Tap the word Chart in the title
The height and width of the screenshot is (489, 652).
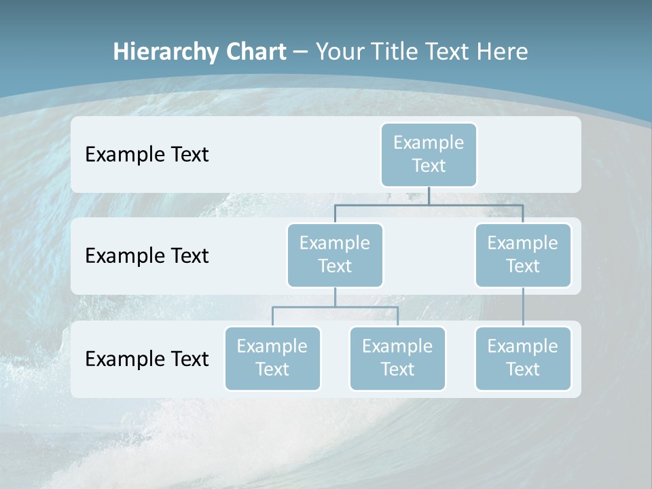pyautogui.click(x=254, y=52)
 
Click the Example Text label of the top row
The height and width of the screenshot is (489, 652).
pyautogui.click(x=147, y=155)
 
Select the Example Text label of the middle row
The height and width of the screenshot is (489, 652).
pyautogui.click(x=147, y=256)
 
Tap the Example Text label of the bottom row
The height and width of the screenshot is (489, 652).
pyautogui.click(x=147, y=359)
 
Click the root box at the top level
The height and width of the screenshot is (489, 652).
pyautogui.click(x=429, y=154)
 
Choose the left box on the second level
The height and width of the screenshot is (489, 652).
pyautogui.click(x=335, y=255)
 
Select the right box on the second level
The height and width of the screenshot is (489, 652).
pyautogui.click(x=523, y=255)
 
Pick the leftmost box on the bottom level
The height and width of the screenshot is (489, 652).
pyautogui.click(x=272, y=358)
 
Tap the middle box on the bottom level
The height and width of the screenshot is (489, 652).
pyautogui.click(x=397, y=358)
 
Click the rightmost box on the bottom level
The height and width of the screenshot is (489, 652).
pyautogui.click(x=523, y=358)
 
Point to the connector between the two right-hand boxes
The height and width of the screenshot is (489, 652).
pyautogui.click(x=523, y=307)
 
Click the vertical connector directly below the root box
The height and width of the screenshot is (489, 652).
pyautogui.click(x=429, y=196)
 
